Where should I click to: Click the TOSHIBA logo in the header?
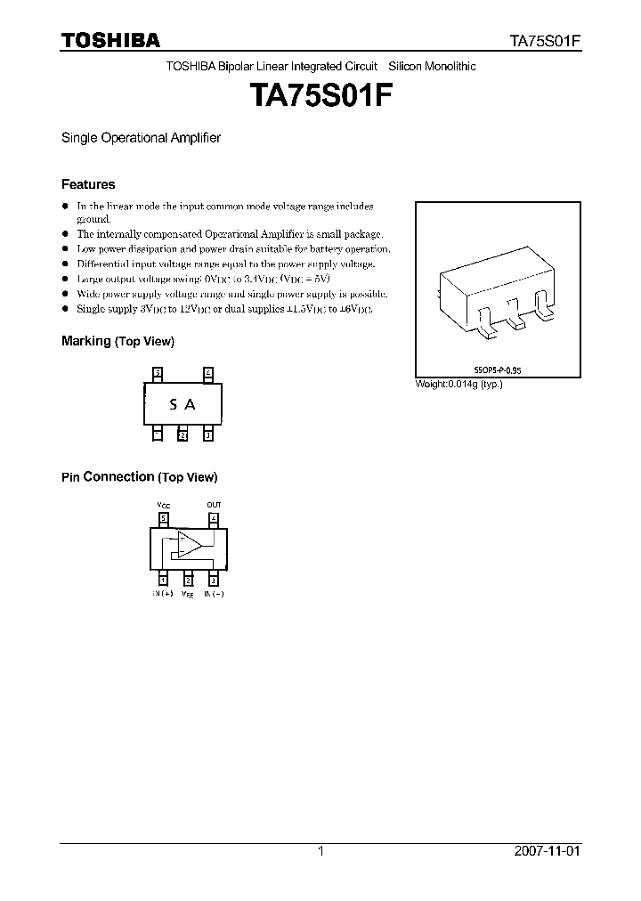click(110, 40)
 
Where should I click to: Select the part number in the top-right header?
click(545, 41)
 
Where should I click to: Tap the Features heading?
click(88, 184)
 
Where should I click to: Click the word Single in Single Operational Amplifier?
click(77, 138)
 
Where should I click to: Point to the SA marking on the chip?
click(183, 404)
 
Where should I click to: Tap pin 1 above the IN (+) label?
click(163, 579)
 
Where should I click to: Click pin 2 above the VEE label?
click(188, 579)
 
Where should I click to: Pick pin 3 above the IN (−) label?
click(214, 579)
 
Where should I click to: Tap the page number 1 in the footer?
click(320, 851)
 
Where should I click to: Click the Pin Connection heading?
click(108, 476)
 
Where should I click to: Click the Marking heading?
click(85, 341)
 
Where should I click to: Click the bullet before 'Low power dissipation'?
click(65, 249)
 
